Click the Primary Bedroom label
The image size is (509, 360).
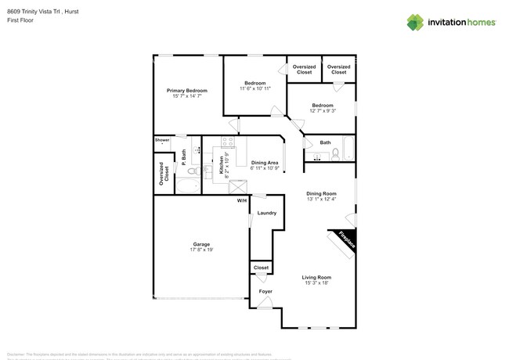186,91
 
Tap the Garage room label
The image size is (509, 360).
201,244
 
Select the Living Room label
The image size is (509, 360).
317,277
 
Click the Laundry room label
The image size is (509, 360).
266,213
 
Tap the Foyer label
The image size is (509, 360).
266,291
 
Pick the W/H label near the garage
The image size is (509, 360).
242,200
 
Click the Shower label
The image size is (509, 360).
162,140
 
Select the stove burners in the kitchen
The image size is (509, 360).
229,143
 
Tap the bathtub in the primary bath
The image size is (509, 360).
187,185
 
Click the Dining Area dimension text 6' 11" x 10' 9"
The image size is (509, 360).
264,168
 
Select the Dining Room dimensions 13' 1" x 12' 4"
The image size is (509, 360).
321,199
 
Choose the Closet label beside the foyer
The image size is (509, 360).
262,268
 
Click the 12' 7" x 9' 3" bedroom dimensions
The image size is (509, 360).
323,111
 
